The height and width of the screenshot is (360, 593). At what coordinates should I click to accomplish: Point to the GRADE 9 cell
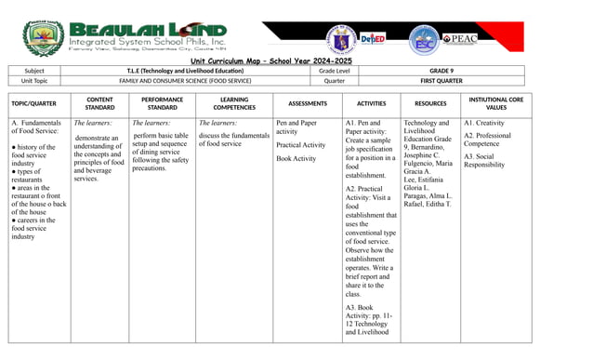coord(445,71)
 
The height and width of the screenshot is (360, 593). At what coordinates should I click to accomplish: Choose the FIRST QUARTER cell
coord(445,81)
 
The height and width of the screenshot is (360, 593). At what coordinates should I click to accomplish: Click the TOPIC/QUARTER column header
coord(34,103)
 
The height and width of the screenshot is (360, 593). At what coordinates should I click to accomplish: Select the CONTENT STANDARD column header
coord(99,103)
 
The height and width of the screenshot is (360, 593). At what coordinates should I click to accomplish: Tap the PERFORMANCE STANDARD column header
coord(162,103)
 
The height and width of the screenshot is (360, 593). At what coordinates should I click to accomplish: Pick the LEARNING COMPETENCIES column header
coord(233,103)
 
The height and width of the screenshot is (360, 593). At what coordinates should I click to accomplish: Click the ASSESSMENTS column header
coord(308,103)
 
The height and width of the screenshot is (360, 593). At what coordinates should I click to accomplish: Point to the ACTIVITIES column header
coord(371,103)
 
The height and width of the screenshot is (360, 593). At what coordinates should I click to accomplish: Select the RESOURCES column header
coord(430,103)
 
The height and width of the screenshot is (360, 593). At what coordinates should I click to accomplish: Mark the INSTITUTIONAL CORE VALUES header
coord(496,103)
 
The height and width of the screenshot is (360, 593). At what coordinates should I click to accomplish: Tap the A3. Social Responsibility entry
coord(484,160)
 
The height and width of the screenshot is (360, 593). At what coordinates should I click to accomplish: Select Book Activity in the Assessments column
coord(296,158)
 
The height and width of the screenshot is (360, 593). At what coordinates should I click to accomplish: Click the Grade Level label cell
coord(334,71)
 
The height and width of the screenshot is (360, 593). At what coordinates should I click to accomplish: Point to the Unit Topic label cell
coord(34,81)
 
